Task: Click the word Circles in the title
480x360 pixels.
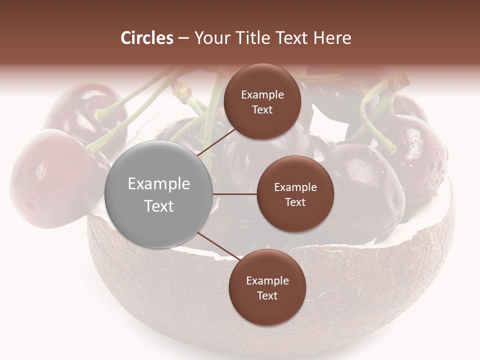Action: coord(147,38)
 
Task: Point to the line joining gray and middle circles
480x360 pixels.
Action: coord(235,194)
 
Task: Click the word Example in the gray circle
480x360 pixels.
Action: coord(159,183)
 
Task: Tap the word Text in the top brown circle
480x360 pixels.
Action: coord(262,109)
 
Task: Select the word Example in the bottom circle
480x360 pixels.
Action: coord(267,280)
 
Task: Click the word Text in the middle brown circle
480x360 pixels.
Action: coord(295,202)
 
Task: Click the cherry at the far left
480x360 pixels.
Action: coord(45,175)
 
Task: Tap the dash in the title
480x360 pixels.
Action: coord(183,38)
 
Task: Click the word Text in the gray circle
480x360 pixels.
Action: coord(159,206)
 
